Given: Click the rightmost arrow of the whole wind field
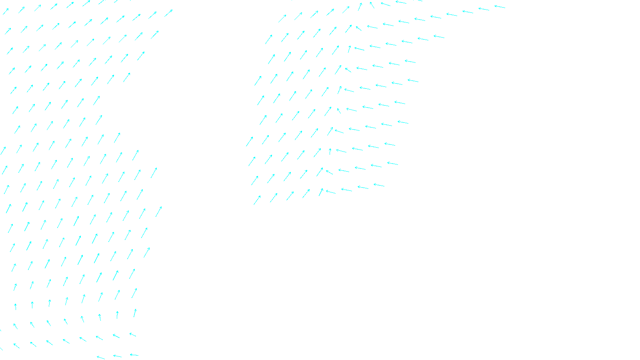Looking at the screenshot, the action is tap(500, 6).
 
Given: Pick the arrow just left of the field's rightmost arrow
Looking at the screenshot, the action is tap(484, 9).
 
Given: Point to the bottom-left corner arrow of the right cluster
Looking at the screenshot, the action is tap(257, 200).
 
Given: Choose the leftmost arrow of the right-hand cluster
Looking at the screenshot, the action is tap(250, 141).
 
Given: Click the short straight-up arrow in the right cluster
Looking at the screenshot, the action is tap(330, 152).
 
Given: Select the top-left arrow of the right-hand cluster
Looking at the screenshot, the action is tap(282, 18).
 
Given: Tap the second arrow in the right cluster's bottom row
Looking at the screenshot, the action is tap(274, 198).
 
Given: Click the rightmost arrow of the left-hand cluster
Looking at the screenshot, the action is tap(168, 13).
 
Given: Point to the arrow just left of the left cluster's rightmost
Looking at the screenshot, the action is tap(153, 15).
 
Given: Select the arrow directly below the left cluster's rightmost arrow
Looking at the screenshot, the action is tap(155, 35).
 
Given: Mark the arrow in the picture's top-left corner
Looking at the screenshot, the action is tap(6, 12).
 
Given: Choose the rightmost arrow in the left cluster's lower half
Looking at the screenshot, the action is tap(159, 211).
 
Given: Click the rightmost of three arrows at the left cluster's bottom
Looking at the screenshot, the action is tap(134, 355).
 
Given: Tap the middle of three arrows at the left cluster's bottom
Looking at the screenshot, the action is tap(117, 356).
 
